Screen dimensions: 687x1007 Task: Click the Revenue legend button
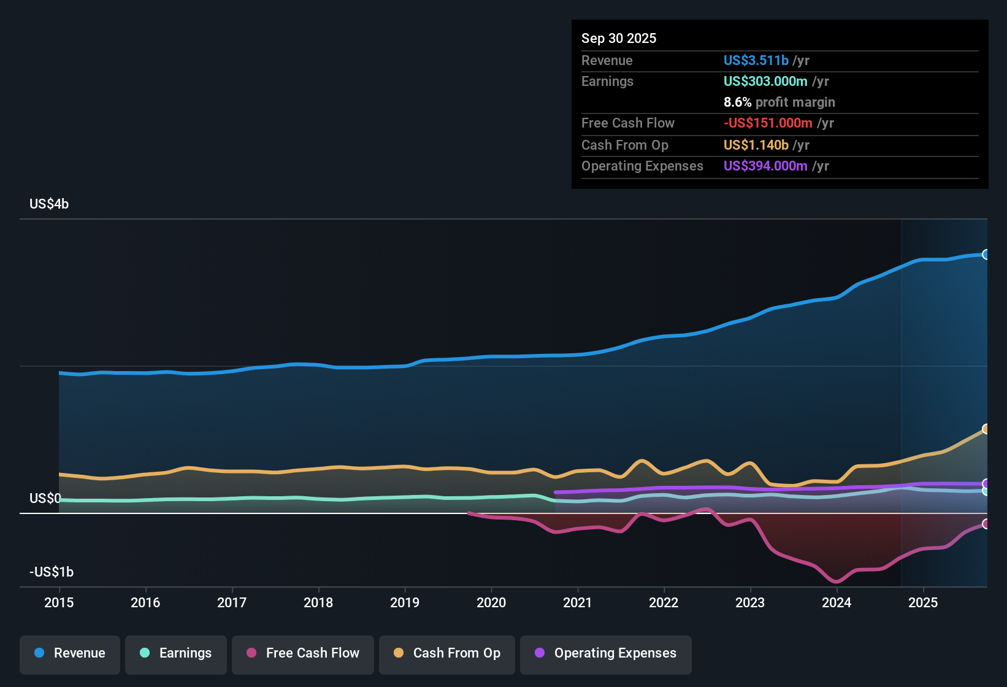70,653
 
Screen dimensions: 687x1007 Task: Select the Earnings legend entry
176,653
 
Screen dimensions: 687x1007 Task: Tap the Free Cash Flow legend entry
303,653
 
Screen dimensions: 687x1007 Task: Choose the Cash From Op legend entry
447,653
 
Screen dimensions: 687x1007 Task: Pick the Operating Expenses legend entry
606,653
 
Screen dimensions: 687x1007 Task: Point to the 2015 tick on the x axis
59,602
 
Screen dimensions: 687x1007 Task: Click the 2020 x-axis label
491,602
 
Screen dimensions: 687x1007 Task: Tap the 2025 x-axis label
923,602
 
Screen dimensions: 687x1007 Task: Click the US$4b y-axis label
49,204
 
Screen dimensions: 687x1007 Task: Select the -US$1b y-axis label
52,572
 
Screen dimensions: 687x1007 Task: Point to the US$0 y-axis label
45,499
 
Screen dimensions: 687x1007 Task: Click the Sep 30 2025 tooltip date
619,39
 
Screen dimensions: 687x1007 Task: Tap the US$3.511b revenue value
756,61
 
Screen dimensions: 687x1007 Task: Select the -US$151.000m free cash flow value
768,123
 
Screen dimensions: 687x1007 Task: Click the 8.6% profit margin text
779,102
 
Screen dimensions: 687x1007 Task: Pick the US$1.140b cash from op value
756,145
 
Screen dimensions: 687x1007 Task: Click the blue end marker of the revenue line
986,255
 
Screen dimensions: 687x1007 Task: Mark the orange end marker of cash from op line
986,429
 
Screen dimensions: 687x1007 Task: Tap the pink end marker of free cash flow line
986,524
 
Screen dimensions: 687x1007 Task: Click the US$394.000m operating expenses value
765,166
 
